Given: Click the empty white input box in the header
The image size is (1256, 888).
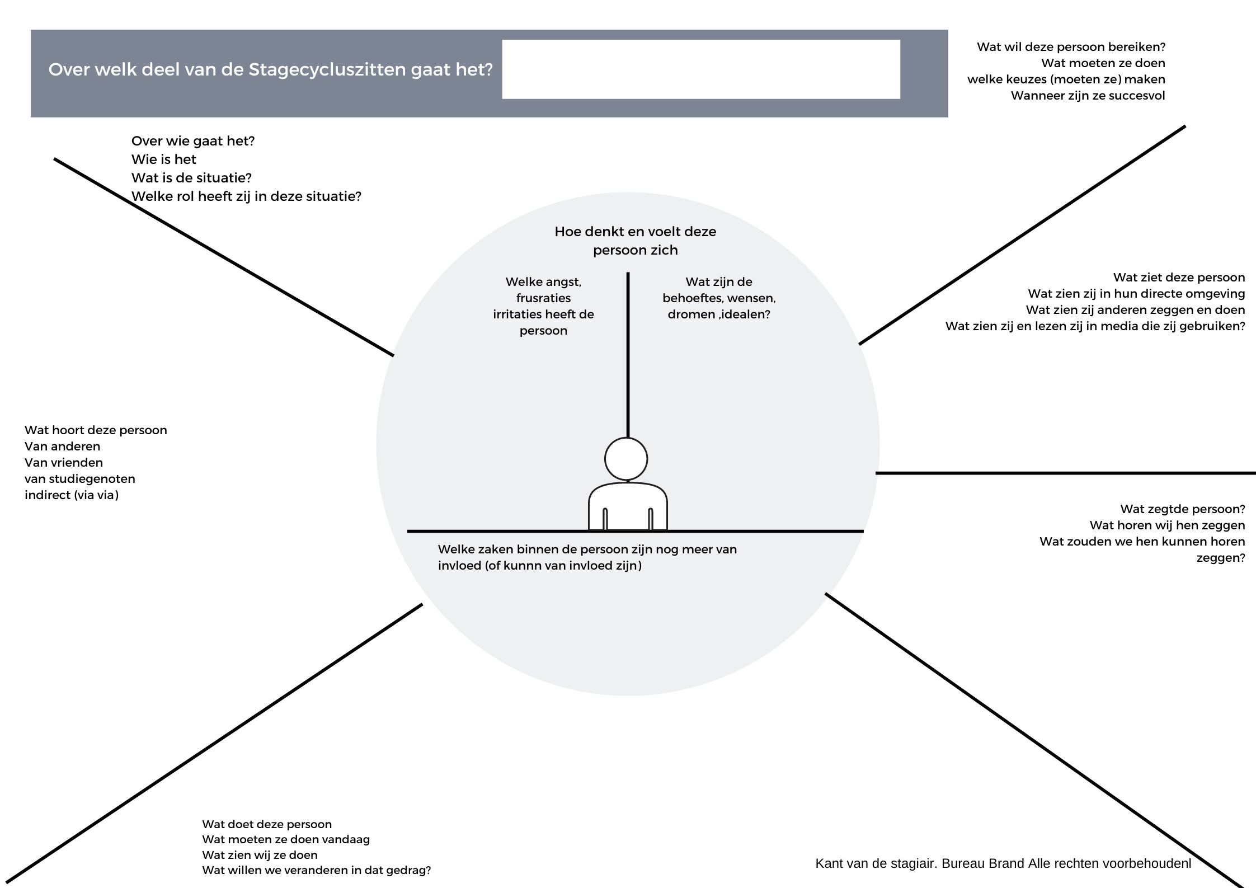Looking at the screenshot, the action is (701, 69).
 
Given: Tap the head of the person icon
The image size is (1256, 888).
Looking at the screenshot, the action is (626, 459).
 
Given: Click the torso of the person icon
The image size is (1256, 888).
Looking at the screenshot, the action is (628, 506).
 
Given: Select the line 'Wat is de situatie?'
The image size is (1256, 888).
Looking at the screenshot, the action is (191, 178).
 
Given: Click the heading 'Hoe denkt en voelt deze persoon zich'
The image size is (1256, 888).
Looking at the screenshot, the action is (635, 241).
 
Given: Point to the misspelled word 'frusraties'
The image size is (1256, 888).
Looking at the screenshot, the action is (543, 298).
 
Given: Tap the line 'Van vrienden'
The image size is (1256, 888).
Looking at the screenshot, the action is (64, 463).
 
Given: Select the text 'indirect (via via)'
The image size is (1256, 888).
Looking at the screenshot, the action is (72, 495).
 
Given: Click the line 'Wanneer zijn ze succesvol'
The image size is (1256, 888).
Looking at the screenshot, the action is (1088, 96).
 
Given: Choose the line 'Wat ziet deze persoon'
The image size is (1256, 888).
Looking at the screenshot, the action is (1179, 278).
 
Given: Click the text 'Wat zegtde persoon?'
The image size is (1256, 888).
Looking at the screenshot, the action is (1182, 509).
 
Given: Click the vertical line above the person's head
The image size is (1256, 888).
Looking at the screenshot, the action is (628, 355).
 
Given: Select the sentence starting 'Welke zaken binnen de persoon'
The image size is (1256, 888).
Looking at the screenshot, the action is (587, 557).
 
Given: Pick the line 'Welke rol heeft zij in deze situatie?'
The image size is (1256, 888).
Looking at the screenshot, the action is (246, 196).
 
